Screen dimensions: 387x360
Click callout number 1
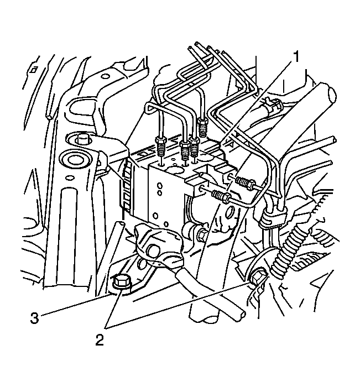(297, 55)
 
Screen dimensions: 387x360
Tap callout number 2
(99, 339)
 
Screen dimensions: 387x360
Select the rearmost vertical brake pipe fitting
(203, 129)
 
